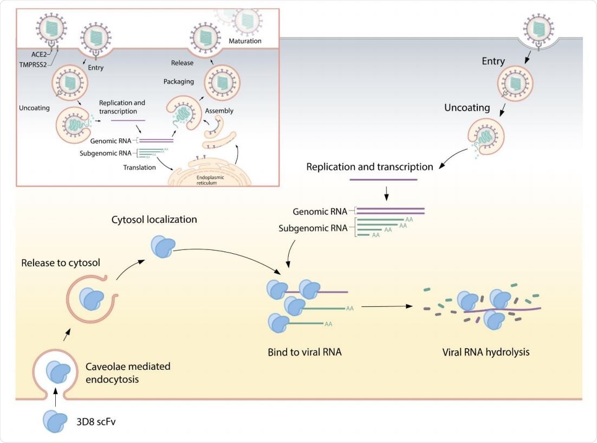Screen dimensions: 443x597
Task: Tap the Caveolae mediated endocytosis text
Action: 128,373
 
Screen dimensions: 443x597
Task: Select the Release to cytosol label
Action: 60,263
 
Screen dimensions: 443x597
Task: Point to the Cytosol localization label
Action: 154,220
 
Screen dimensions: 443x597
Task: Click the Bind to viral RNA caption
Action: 304,352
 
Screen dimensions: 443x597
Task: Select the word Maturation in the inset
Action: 244,41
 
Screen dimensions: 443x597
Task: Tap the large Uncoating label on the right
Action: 467,108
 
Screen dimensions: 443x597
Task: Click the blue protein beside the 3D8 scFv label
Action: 57,420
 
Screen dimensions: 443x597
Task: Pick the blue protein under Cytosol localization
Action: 161,247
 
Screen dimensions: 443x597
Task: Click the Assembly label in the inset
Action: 219,111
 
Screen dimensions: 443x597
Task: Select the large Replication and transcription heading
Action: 369,167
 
